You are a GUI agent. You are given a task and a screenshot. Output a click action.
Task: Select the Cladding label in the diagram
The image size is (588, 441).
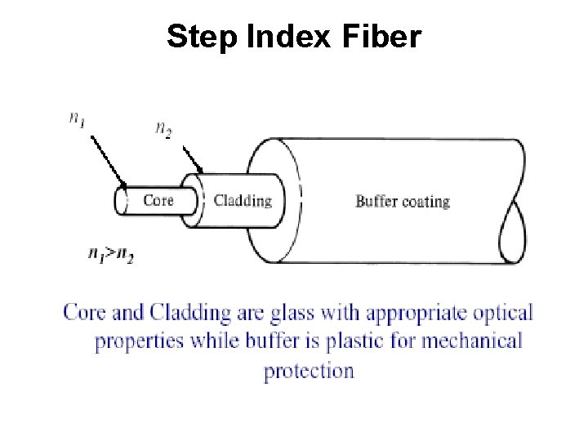[243, 200]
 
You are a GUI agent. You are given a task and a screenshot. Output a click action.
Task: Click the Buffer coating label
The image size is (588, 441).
[403, 201]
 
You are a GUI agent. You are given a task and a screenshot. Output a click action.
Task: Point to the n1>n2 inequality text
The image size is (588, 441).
[111, 255]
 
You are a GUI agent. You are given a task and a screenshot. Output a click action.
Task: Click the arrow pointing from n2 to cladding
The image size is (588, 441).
[189, 159]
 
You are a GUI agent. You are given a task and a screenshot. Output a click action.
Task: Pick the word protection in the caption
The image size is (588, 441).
[309, 370]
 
